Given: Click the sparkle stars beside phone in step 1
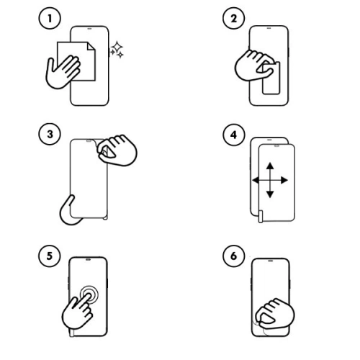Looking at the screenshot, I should click(115, 50).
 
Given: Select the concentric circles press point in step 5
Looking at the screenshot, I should click(89, 296).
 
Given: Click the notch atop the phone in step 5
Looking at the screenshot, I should click(89, 260).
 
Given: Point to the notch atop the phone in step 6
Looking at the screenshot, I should click(271, 260).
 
